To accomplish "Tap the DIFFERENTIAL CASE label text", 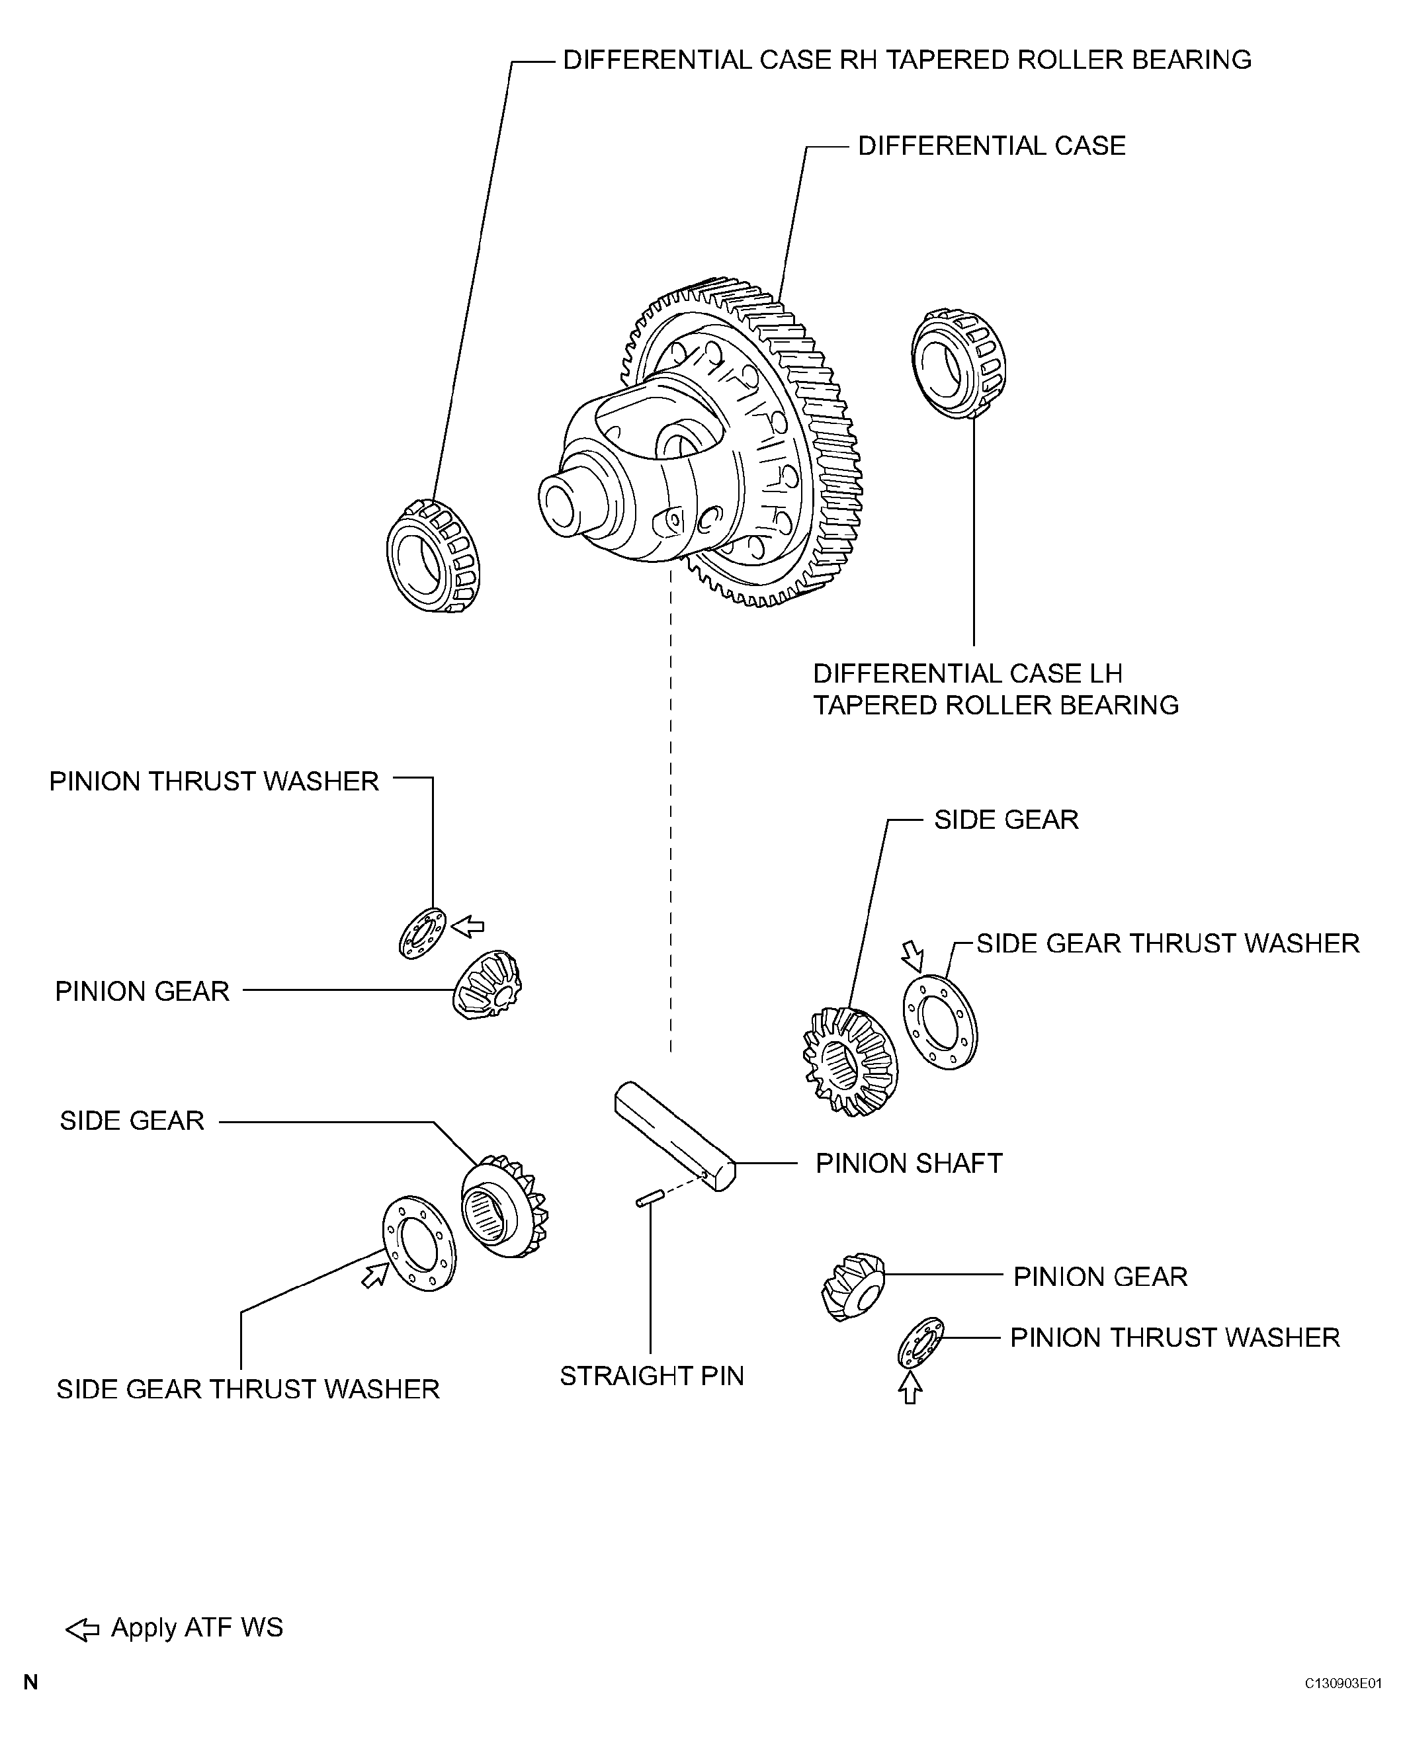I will pos(991,146).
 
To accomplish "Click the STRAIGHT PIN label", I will pos(652,1376).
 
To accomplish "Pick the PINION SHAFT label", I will pos(908,1164).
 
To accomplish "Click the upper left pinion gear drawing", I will pos(488,984).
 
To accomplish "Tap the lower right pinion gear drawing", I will pos(852,1286).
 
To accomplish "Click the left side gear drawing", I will pos(504,1207).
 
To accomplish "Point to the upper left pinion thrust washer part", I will pos(423,934).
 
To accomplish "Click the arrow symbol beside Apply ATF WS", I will pos(82,1630).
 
